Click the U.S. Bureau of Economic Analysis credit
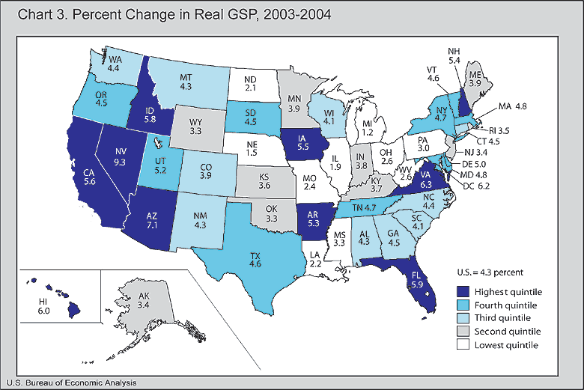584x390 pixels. tap(69, 383)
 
